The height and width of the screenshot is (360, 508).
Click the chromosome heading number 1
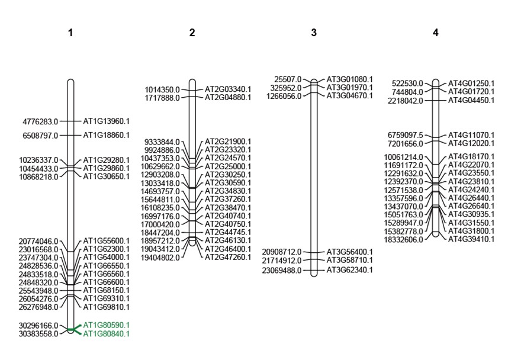point(70,33)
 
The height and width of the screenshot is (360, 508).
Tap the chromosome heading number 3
point(314,33)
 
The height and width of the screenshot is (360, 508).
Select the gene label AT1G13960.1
point(106,121)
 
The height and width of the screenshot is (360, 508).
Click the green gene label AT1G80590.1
point(106,326)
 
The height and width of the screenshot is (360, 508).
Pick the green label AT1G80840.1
point(106,334)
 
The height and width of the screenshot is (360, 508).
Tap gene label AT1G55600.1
point(106,241)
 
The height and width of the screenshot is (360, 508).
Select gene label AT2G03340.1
point(228,89)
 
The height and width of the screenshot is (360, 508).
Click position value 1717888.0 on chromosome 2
point(162,98)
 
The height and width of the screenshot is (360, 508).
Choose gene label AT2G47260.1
point(228,258)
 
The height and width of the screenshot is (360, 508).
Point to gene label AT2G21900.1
point(228,142)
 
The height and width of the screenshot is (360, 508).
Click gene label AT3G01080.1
point(350,79)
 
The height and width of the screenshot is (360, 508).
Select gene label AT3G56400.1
point(350,252)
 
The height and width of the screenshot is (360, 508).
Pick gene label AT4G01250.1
point(472,83)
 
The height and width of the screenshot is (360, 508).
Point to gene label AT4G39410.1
point(472,239)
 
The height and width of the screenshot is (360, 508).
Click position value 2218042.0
point(405,101)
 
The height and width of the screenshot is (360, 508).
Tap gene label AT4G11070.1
point(472,135)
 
